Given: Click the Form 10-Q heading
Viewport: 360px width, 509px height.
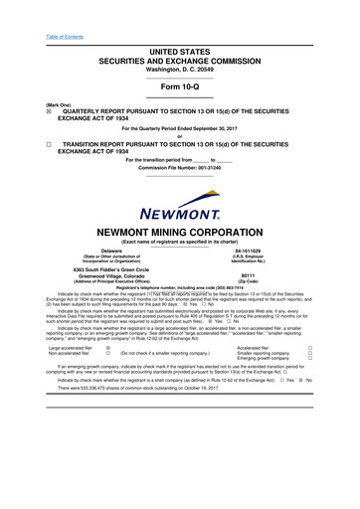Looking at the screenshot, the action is point(179,83).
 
